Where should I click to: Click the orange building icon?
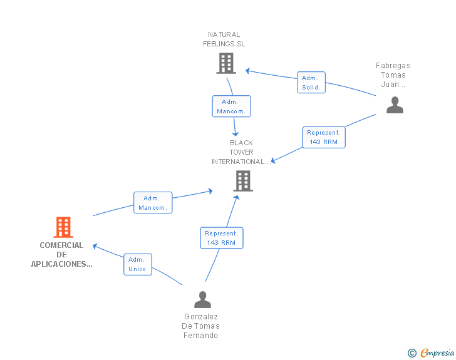click(x=63, y=227)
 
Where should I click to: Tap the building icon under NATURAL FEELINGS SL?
click(x=226, y=63)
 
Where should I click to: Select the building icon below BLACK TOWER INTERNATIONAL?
click(x=243, y=181)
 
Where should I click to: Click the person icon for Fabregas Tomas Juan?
click(x=395, y=105)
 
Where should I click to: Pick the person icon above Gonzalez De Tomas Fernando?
click(x=203, y=299)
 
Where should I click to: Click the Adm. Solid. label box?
click(x=311, y=82)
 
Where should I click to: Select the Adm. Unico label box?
click(x=138, y=264)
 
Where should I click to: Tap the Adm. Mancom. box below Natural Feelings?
click(x=232, y=106)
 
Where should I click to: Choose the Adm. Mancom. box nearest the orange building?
click(x=153, y=202)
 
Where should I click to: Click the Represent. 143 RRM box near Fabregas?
click(x=324, y=137)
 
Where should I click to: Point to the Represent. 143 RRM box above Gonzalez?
click(x=222, y=238)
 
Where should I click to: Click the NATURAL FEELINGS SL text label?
click(x=224, y=39)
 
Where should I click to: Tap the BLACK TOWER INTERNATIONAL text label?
click(x=241, y=152)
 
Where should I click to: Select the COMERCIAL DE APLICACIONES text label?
click(x=61, y=254)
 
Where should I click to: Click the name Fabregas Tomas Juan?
click(x=393, y=75)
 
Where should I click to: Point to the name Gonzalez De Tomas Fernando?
click(x=200, y=326)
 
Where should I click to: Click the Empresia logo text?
click(x=437, y=352)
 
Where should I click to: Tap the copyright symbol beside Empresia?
click(x=412, y=353)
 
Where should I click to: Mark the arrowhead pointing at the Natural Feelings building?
click(x=248, y=71)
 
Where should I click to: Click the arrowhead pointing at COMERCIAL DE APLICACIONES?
click(x=95, y=246)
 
